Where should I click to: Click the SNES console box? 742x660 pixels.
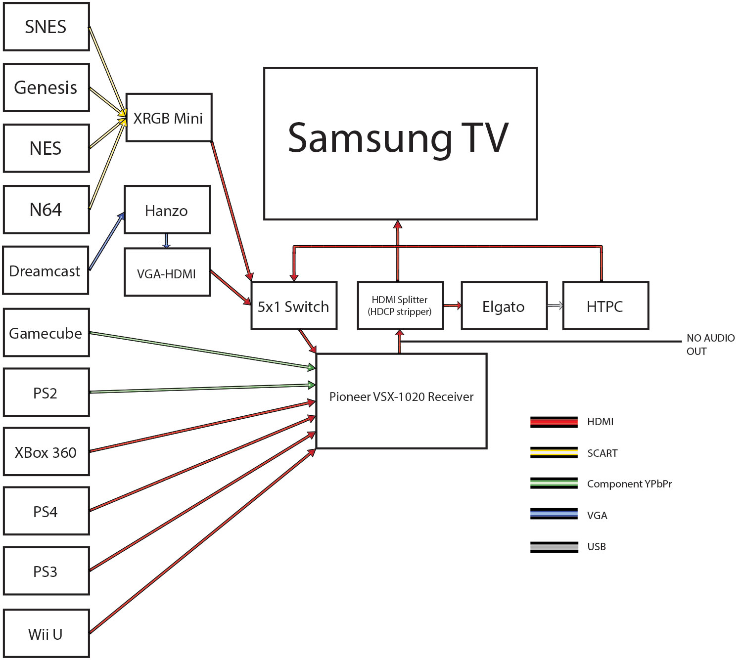click(46, 27)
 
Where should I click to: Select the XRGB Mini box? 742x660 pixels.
click(169, 118)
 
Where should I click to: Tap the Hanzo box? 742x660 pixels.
click(167, 210)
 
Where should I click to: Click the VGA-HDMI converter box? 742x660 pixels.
click(167, 272)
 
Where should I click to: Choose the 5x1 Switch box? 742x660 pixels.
click(294, 306)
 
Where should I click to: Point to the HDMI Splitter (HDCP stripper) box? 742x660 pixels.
click(400, 306)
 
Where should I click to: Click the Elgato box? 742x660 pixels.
click(504, 306)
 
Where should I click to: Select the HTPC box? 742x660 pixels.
click(605, 306)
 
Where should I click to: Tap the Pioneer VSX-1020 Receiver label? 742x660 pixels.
click(401, 396)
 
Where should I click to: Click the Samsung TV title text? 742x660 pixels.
click(398, 138)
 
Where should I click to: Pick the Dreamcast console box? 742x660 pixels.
click(46, 270)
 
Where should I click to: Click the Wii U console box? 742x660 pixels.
click(46, 633)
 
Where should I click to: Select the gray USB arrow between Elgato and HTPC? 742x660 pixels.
click(555, 306)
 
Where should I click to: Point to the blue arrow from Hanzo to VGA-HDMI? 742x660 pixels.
click(166, 241)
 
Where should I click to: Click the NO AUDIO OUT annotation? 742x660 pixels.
click(710, 344)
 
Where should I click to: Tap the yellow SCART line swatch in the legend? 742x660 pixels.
click(554, 452)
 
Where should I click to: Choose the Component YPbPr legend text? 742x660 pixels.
click(629, 484)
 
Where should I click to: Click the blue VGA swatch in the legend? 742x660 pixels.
click(554, 514)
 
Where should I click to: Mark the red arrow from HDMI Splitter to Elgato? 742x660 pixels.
click(452, 306)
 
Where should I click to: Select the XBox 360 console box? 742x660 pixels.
click(46, 452)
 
